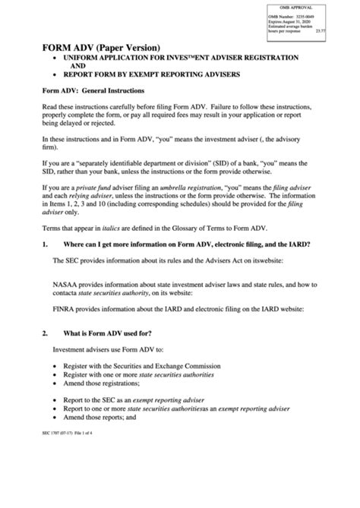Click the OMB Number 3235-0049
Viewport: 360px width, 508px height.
[x=293, y=17]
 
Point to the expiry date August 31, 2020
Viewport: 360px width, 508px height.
[x=296, y=23]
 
